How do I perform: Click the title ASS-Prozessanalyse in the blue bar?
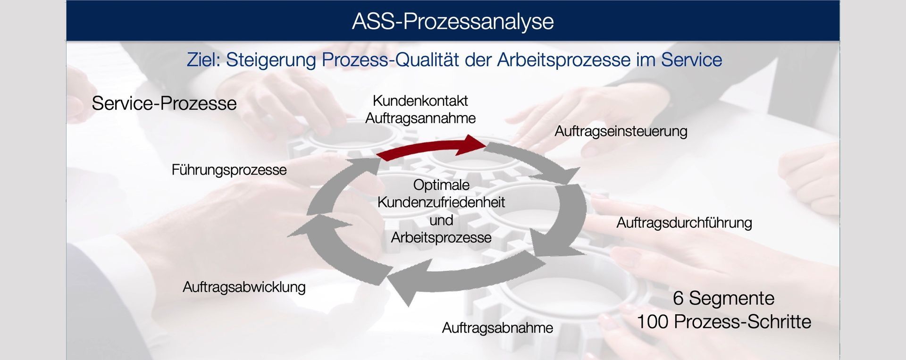tap(453, 22)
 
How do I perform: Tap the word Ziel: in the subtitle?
tap(204, 60)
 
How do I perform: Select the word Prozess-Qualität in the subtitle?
tap(390, 60)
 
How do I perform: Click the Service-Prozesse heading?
tap(164, 103)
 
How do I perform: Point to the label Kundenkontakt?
tap(420, 100)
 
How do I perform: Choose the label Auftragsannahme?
tap(420, 118)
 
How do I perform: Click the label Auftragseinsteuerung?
tap(621, 131)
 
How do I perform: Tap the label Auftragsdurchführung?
tap(684, 223)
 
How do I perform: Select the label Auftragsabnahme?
tap(497, 328)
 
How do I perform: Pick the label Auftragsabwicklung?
tap(244, 287)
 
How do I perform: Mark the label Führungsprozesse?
tap(229, 170)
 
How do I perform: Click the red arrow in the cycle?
tap(432, 147)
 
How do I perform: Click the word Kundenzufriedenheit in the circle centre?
tap(441, 202)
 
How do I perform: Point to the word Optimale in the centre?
tap(441, 185)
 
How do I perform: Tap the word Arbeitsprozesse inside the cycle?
tap(441, 238)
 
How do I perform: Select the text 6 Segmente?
tap(724, 298)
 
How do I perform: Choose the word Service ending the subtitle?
tap(691, 60)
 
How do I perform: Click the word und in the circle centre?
tap(441, 220)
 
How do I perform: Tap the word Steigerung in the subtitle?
tap(271, 60)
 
